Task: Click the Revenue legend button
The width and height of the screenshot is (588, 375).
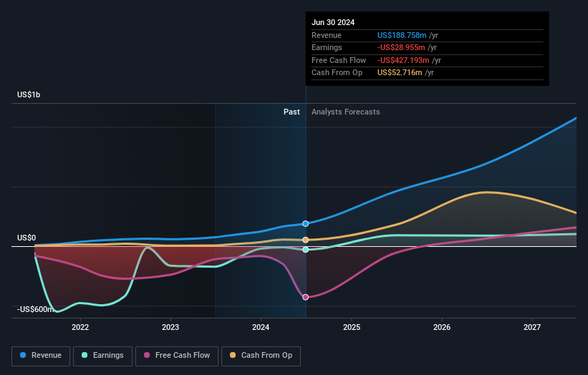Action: pos(41,355)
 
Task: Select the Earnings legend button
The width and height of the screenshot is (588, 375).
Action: pos(102,355)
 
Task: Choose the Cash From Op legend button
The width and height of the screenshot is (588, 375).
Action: pos(261,355)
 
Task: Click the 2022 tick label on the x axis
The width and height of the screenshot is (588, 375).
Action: pos(80,327)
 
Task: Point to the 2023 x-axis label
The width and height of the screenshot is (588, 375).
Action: pos(170,327)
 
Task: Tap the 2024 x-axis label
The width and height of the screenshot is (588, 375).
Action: pos(261,327)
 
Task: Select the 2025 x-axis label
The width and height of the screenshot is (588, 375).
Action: pos(352,327)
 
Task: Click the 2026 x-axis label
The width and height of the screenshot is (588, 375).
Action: pos(442,327)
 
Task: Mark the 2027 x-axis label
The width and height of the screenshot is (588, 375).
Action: pos(532,327)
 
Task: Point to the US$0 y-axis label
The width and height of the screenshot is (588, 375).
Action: pos(27,238)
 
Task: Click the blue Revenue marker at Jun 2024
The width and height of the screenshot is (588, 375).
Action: pos(306,224)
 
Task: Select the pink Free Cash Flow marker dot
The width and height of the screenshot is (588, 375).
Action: pos(306,297)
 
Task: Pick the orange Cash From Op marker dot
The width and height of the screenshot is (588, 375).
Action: pos(306,240)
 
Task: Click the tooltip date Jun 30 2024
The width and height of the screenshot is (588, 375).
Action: pos(333,22)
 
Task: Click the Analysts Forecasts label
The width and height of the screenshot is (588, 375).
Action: pos(346,112)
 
